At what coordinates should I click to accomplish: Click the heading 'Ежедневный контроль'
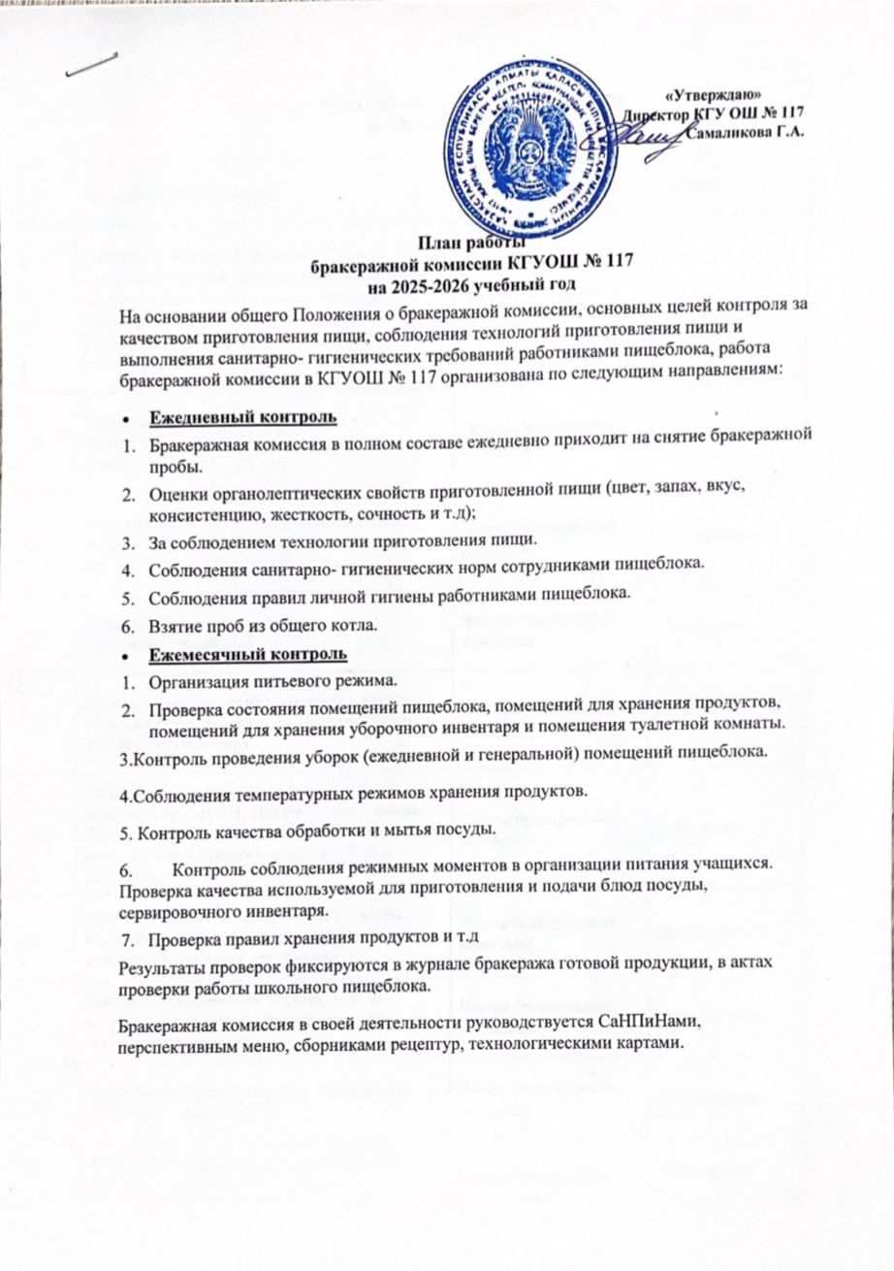point(241,418)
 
